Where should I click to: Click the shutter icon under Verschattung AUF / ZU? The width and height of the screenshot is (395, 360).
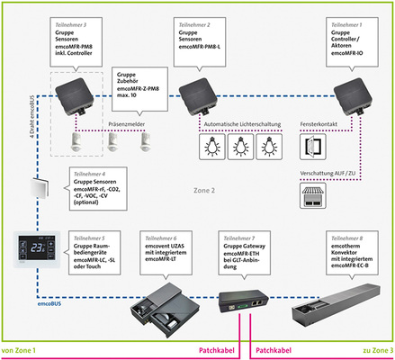click(x=309, y=196)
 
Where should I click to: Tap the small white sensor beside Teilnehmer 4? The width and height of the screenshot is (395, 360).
click(x=38, y=189)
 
